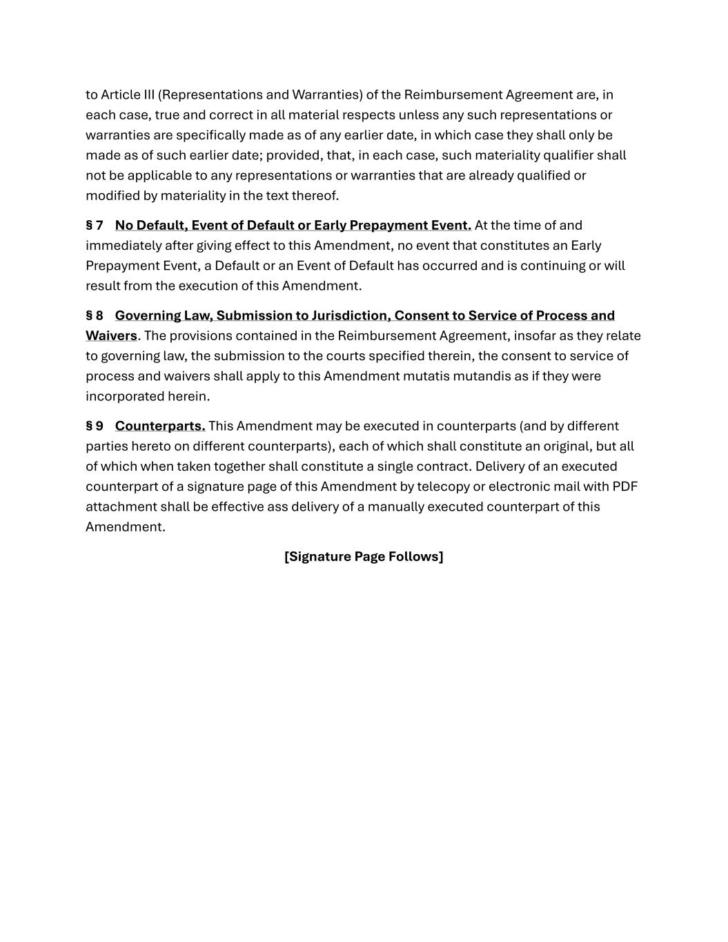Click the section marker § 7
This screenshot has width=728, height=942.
click(x=95, y=226)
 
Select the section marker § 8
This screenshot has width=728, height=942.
click(x=95, y=316)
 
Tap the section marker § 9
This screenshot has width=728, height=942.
click(x=95, y=426)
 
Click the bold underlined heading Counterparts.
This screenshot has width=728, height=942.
click(x=160, y=426)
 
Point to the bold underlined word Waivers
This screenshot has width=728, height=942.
click(x=111, y=336)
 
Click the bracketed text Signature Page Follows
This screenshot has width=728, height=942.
click(x=364, y=557)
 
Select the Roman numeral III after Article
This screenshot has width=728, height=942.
click(x=146, y=95)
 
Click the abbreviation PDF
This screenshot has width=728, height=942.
click(x=624, y=487)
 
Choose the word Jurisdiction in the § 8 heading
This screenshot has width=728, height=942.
click(x=350, y=316)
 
